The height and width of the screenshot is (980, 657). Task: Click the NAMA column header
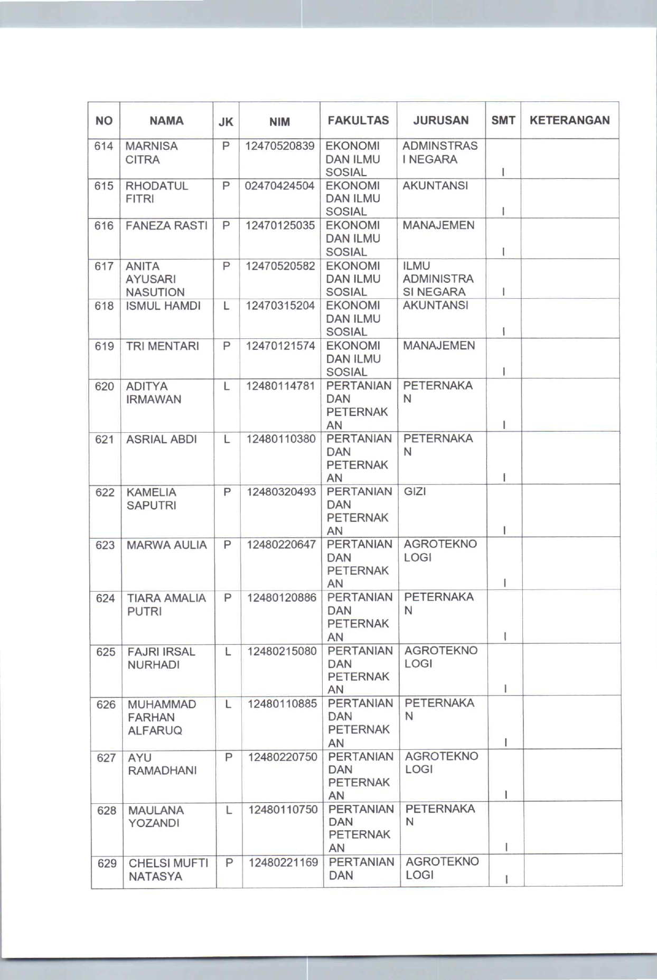tap(166, 121)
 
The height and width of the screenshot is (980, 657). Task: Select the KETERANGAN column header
tap(569, 120)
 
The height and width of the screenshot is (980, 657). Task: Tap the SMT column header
tap(503, 120)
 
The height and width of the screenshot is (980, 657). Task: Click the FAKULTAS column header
tap(358, 120)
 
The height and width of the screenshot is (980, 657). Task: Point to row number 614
tap(104, 146)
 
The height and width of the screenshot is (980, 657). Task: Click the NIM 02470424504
tap(280, 186)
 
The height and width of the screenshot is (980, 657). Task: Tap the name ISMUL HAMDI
tap(163, 306)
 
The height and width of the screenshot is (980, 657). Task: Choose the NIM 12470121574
tap(280, 346)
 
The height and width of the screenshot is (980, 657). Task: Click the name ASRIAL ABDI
tap(162, 439)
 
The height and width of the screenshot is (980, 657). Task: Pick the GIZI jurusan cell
tap(415, 492)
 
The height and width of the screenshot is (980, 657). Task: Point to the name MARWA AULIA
tap(167, 545)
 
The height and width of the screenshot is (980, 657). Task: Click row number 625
tap(106, 652)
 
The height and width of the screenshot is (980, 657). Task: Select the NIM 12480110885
tap(282, 704)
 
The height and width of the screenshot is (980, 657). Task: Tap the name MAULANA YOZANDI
tap(156, 816)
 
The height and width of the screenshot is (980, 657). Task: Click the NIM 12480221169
tap(283, 862)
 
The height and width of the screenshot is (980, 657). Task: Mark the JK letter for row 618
tap(226, 306)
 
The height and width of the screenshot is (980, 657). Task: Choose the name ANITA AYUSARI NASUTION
tap(155, 279)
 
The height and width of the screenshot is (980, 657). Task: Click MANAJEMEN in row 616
tap(438, 226)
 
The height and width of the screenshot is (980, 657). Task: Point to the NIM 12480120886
tap(281, 598)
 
